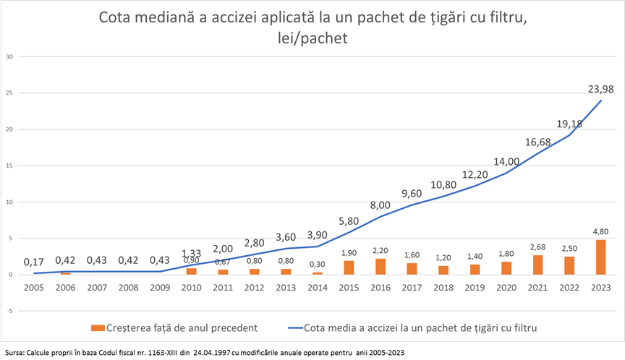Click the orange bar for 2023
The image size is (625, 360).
600,257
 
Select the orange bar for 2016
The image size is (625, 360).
380,267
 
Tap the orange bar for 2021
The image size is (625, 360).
537,265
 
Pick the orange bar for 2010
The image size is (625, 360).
192,271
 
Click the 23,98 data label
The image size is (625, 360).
600,90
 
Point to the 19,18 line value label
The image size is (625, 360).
569,123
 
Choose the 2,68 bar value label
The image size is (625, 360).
537,248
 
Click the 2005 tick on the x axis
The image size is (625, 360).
34,287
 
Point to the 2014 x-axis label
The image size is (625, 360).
317,287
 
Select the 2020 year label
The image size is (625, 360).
506,287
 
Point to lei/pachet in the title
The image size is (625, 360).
312,38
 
